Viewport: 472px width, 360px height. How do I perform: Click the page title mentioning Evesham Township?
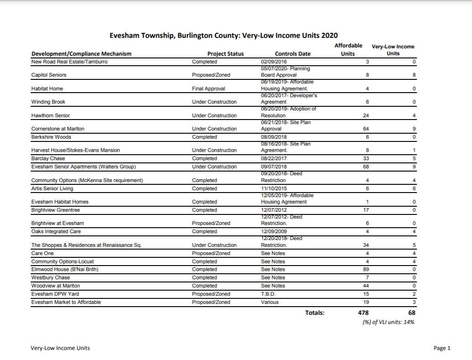tap(224, 36)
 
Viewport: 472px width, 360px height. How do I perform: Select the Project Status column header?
tap(226, 54)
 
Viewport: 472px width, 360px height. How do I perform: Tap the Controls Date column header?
tap(293, 54)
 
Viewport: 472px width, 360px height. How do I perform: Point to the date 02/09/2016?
tap(274, 62)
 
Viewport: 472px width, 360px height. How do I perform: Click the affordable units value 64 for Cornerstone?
tap(365, 129)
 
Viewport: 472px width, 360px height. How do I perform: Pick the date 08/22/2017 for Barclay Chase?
tap(274, 158)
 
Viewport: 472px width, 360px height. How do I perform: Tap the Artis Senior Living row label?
tap(52, 188)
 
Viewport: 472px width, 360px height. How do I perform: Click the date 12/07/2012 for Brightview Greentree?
tap(274, 210)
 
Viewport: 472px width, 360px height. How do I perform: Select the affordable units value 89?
tap(365, 270)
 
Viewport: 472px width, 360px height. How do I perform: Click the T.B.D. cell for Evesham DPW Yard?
tap(268, 294)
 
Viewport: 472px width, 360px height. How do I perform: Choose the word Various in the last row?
tap(270, 302)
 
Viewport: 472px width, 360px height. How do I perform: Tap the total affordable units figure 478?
tap(363, 313)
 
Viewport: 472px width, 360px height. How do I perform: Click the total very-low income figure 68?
tap(412, 313)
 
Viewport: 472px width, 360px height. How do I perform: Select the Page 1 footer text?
tap(442, 348)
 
